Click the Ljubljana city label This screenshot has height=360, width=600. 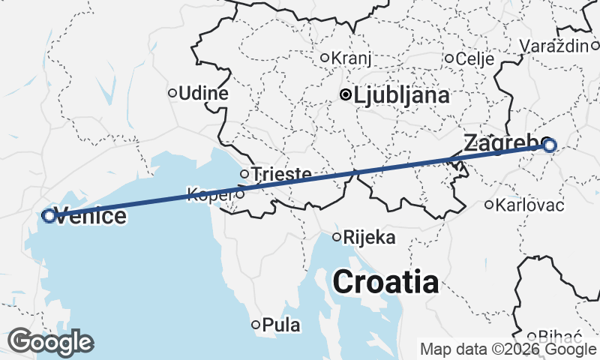(401, 95)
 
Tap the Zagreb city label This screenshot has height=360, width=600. (500, 142)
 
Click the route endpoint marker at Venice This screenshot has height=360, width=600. (49, 216)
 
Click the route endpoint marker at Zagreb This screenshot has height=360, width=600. (549, 145)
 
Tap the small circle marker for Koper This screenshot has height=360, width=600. (239, 194)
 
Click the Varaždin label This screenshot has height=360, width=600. (554, 46)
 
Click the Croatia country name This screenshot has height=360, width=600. (385, 283)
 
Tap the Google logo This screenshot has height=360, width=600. (50, 342)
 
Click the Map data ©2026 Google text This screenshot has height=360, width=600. (508, 349)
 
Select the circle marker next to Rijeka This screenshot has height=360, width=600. (337, 238)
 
